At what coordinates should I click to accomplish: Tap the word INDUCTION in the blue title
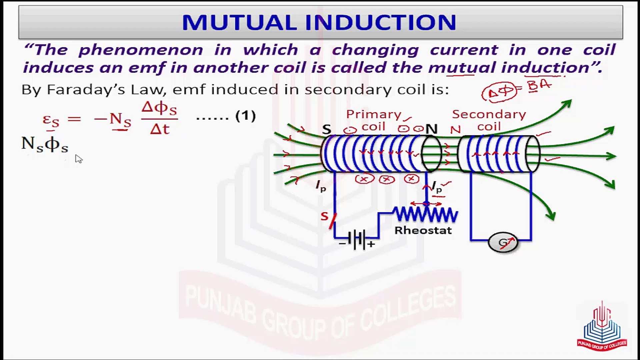coord(380,22)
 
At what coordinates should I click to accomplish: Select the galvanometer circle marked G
coord(503,242)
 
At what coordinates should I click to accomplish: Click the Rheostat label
coord(423,230)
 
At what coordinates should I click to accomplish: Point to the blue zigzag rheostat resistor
coord(426,215)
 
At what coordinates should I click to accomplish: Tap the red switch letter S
coord(324,216)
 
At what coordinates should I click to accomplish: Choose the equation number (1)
coord(245,116)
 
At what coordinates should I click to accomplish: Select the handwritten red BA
coord(539,86)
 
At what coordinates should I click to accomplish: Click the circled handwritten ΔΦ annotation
coord(499,92)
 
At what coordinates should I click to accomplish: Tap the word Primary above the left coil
coord(374,115)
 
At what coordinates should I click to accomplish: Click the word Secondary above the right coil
coord(489,115)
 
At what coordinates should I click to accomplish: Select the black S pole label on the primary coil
coord(327,129)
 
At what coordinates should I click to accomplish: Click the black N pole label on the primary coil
coord(432,129)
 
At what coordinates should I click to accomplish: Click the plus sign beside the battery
coord(371,244)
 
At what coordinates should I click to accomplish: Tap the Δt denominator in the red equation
coord(160,129)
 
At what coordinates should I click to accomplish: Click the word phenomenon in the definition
coord(141,50)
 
